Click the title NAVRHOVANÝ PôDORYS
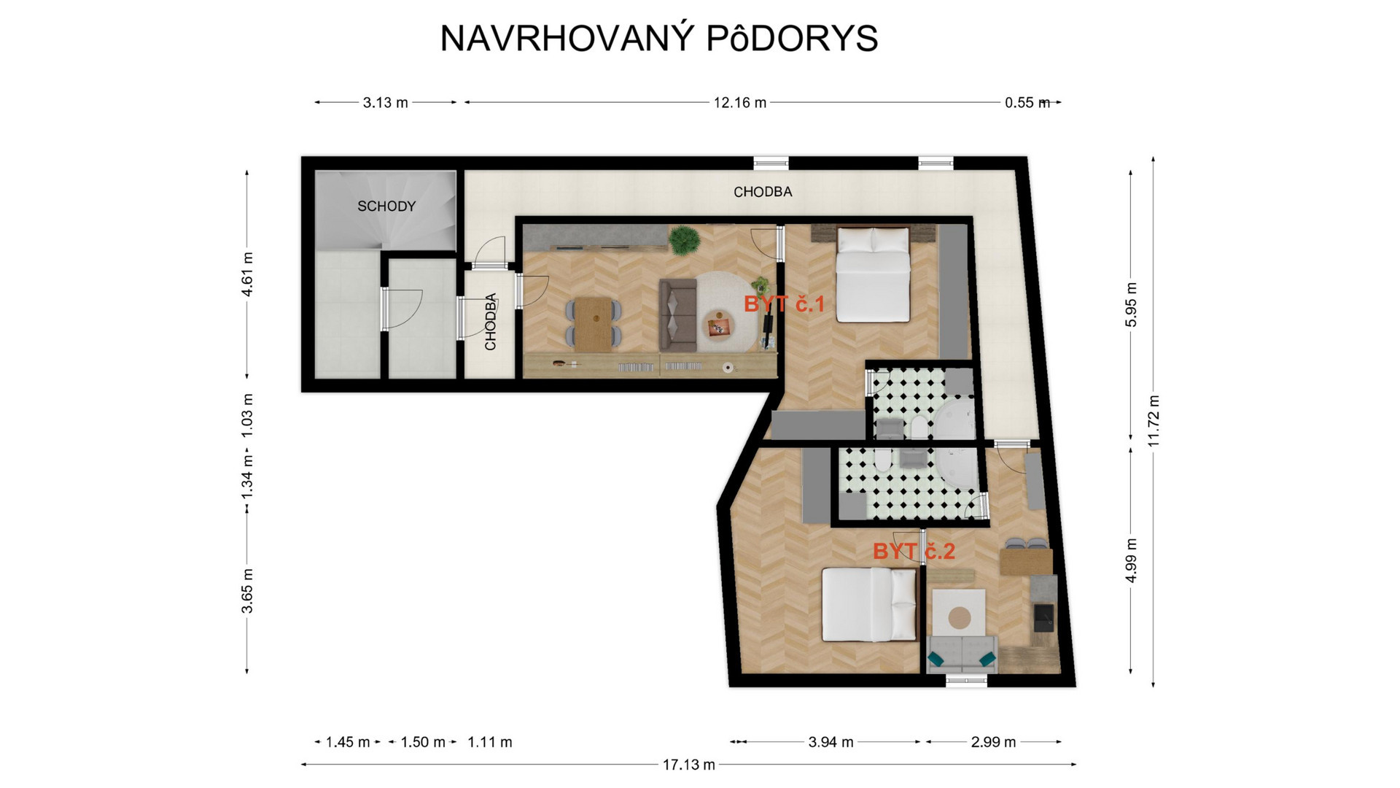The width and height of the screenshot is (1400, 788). click(659, 38)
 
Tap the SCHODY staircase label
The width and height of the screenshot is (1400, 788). click(386, 206)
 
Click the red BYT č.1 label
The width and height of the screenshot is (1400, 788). click(784, 304)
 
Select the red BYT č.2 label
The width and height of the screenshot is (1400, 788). click(914, 551)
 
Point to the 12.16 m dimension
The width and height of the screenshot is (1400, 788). click(740, 103)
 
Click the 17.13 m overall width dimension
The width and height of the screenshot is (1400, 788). click(688, 765)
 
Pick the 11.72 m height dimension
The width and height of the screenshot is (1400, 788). click(1153, 421)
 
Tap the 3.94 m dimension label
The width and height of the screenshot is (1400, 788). click(831, 742)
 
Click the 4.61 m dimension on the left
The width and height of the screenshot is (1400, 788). click(247, 274)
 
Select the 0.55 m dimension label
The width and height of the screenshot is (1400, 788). click(1027, 103)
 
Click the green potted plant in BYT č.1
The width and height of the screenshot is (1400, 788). click(684, 240)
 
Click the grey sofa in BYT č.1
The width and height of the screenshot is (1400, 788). click(677, 314)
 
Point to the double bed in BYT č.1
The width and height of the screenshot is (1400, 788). click(873, 274)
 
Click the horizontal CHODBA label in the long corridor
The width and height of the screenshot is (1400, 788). click(763, 192)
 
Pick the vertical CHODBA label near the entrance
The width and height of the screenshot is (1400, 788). click(491, 322)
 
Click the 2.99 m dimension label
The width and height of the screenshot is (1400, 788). click(993, 742)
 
